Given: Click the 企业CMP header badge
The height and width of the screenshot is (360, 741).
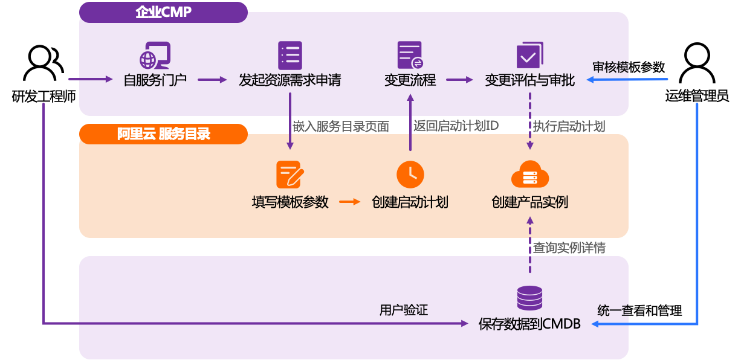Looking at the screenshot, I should (x=163, y=12).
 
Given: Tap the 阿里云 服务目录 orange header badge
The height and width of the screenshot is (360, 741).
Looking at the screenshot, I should (x=163, y=134).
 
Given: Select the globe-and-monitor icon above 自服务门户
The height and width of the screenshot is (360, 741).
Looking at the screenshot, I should (x=155, y=56).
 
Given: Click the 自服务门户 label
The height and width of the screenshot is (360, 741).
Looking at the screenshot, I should (x=155, y=80).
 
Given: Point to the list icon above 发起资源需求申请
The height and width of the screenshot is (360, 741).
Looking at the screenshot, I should (x=290, y=56).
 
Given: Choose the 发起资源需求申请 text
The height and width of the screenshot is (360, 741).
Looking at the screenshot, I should (x=290, y=80).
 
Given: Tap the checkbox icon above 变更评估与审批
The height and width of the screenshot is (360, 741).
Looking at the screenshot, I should (x=529, y=56).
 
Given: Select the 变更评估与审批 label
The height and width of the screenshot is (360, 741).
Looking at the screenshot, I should (x=529, y=80).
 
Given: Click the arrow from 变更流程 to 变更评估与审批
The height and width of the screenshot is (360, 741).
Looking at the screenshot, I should (x=460, y=80).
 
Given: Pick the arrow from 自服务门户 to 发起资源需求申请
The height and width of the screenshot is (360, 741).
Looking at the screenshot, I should (x=212, y=80).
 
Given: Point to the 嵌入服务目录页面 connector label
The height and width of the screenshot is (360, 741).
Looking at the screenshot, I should (x=341, y=126).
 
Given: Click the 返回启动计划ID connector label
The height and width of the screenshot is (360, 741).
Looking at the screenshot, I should (x=456, y=126).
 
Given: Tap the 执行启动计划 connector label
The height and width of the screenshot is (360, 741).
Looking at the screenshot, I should (x=569, y=126).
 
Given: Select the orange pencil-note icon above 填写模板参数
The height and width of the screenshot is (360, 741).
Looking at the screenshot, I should (x=290, y=175).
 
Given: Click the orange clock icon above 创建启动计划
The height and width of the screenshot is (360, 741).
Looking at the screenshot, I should (x=410, y=175).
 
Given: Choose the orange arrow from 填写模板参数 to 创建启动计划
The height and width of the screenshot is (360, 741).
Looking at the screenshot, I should (x=349, y=202).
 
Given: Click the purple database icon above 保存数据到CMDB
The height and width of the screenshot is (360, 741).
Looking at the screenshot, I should (x=529, y=298).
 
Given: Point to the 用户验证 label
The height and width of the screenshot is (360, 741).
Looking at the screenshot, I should (x=403, y=310).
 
